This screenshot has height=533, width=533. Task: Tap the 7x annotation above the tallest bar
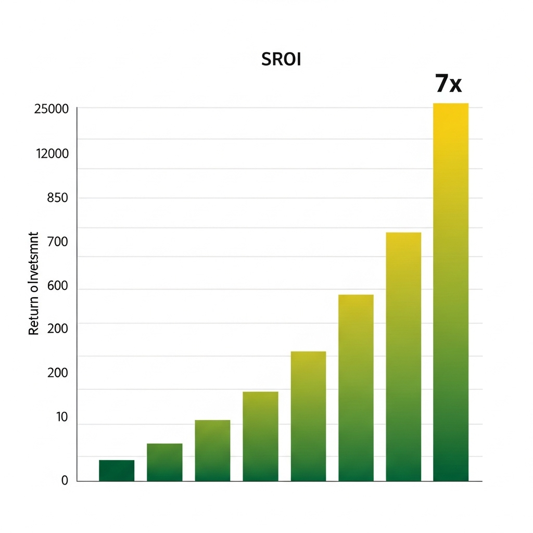pos(448,84)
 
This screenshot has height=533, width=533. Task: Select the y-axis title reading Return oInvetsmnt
pos(34,284)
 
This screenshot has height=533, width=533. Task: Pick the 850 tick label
pos(57,198)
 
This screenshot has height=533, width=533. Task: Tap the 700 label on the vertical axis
pos(57,242)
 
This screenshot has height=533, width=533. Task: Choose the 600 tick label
pos(57,287)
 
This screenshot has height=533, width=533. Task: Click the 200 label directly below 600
pos(57,328)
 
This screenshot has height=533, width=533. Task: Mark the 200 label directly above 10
pos(57,373)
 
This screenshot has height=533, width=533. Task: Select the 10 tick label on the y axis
pos(62,417)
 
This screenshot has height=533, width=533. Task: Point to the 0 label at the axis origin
pos(65,481)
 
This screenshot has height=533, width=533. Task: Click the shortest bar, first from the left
pos(117,471)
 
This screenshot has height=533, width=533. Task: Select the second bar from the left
pos(164,462)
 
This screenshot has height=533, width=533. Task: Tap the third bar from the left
pos(212,451)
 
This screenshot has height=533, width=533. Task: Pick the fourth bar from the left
pos(260,436)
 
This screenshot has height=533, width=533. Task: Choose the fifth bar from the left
pos(308,416)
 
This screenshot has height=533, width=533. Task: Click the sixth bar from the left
pos(356,388)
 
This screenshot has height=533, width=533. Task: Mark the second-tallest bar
pos(403,357)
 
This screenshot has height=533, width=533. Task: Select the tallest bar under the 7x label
pos(451,292)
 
